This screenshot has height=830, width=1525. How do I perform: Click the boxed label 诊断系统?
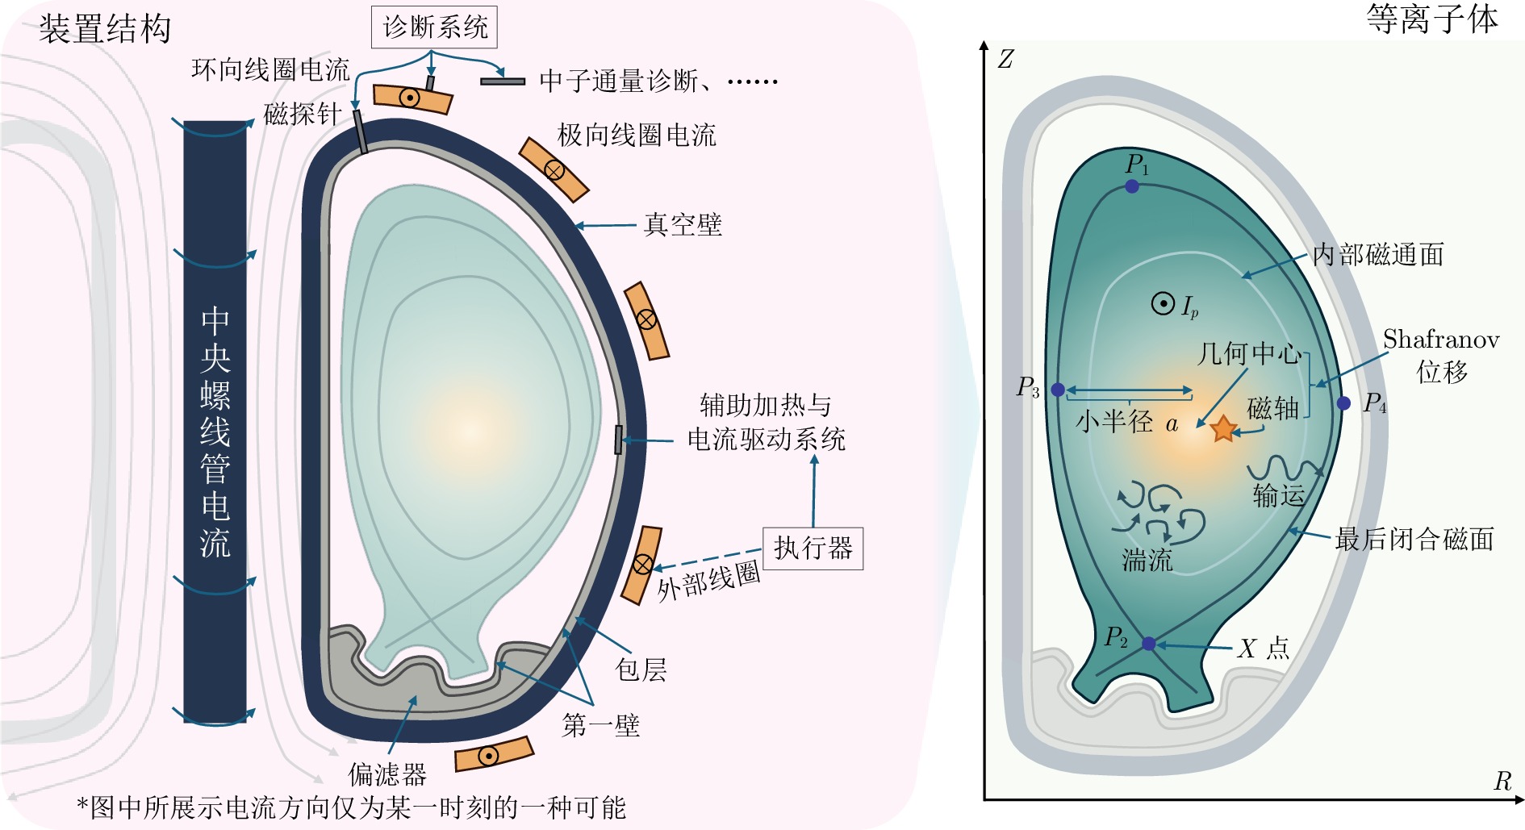point(434,27)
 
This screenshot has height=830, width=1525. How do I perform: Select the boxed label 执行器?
point(813,548)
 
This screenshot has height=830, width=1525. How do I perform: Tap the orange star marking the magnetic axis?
point(1223,429)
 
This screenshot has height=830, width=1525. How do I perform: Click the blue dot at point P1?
point(1132,186)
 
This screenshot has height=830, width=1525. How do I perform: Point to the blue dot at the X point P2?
point(1148,644)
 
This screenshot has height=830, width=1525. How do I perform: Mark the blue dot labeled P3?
point(1058,390)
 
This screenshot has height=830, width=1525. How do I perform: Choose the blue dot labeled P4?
point(1343,403)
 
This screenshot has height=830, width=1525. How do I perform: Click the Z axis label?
point(1005,59)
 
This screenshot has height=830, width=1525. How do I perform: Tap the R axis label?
point(1502,781)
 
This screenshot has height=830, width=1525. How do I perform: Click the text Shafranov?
point(1441,340)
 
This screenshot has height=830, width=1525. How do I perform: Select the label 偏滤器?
point(387,774)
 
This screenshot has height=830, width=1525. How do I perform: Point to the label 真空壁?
point(683,224)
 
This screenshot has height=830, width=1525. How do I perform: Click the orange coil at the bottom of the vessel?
point(494,755)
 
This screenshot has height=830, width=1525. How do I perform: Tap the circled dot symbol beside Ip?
point(1163,304)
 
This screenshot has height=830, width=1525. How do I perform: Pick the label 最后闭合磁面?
point(1414,539)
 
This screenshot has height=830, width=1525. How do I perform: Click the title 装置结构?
point(105,29)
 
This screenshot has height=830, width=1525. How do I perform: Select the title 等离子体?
point(1432,19)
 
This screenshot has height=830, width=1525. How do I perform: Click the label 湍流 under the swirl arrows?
point(1147,559)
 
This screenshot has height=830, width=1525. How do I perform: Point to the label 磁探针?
point(303,114)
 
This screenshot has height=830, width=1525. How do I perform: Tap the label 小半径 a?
point(1126,421)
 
